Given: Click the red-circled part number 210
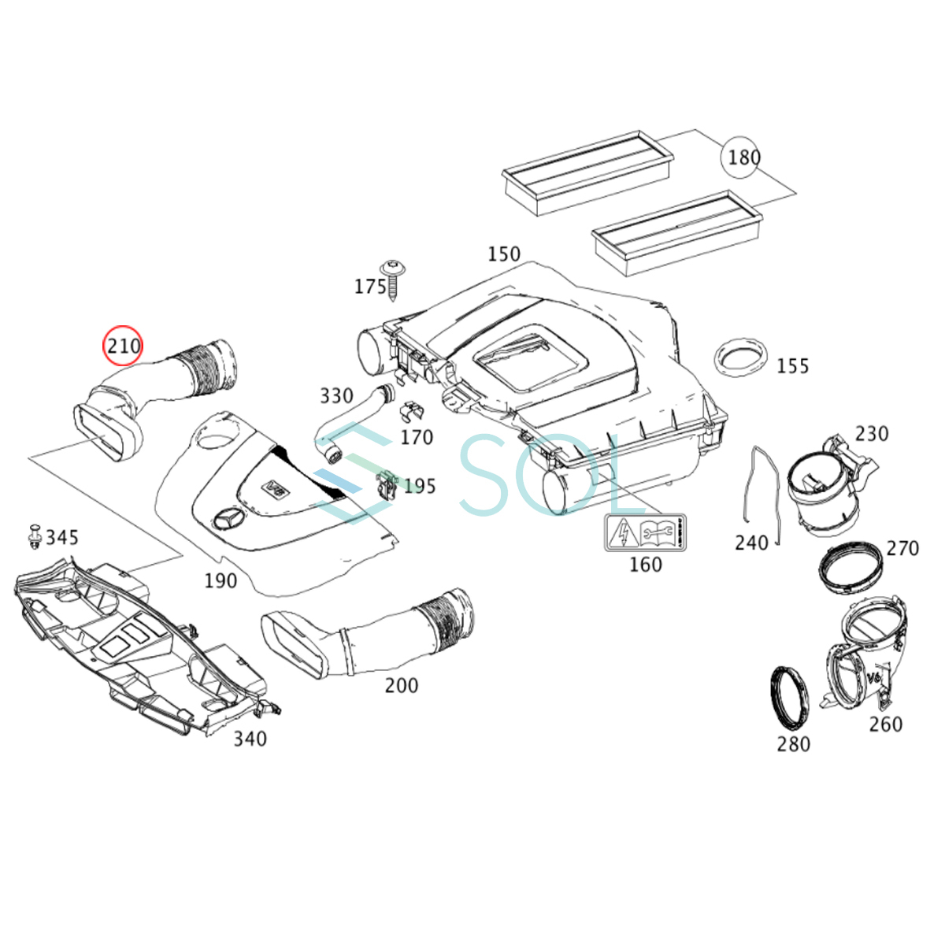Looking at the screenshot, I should [124, 346].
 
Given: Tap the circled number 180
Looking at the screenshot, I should [742, 158].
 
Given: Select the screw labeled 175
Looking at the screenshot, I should [392, 277].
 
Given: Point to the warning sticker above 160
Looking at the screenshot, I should [644, 533].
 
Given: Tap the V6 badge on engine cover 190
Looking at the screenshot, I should [275, 487].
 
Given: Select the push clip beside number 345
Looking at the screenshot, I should [35, 535].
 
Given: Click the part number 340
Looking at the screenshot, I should [250, 739].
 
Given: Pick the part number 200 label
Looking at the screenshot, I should [401, 686].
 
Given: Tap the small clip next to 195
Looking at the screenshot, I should [387, 484].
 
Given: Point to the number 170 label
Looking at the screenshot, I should [417, 437].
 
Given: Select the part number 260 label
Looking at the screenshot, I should [885, 724].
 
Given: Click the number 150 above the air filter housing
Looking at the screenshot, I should [503, 254].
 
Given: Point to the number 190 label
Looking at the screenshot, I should [220, 581].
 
